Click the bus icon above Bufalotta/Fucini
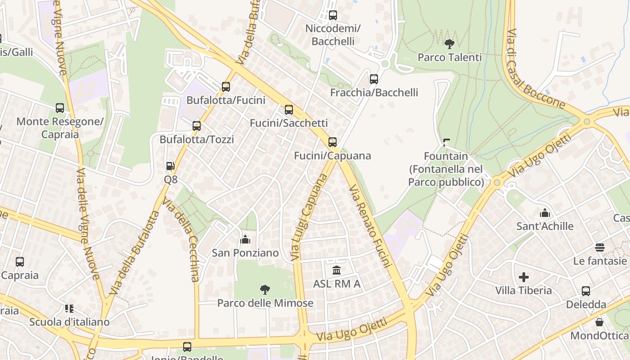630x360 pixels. click(x=226, y=86)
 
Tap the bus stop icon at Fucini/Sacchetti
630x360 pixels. click(x=289, y=109)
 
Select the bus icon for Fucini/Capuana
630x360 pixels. click(x=333, y=142)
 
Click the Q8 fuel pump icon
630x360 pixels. click(x=170, y=166)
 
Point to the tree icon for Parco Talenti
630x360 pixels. click(x=449, y=44)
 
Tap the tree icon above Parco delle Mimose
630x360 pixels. click(x=265, y=289)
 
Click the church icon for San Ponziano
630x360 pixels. click(x=245, y=239)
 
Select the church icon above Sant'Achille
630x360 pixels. click(x=545, y=212)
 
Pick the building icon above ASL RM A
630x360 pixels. click(x=337, y=270)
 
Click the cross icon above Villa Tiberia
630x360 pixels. click(x=524, y=277)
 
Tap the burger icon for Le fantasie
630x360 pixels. click(x=599, y=247)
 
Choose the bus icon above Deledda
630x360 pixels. click(x=586, y=291)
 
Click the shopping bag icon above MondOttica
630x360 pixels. click(x=599, y=322)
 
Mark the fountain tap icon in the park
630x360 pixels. click(x=446, y=143)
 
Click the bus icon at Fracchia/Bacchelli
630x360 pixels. click(x=374, y=79)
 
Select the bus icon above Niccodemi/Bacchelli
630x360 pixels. click(x=333, y=15)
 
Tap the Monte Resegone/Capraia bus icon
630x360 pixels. click(x=60, y=108)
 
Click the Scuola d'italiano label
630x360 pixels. click(x=69, y=322)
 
